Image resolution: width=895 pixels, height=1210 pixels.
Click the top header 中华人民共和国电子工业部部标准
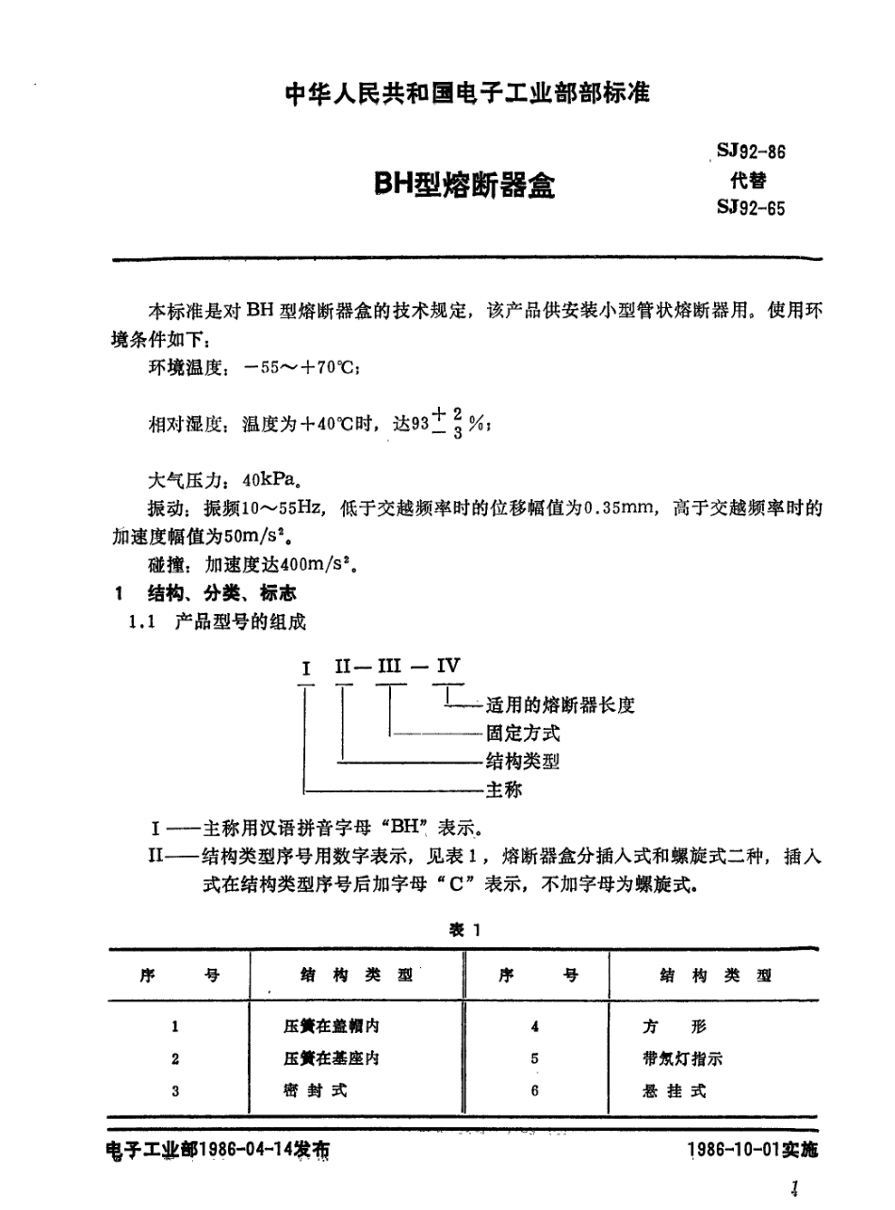(x=467, y=94)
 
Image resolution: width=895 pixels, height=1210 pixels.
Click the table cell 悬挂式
(x=671, y=1090)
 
